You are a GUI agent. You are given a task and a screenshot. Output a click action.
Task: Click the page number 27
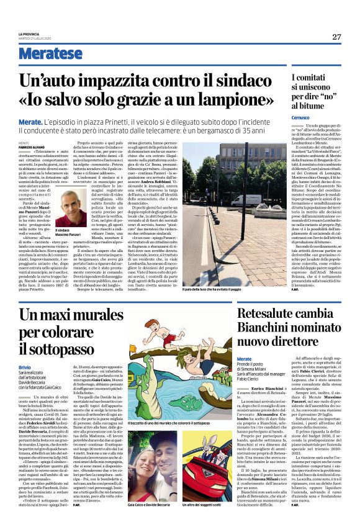tap(336, 37)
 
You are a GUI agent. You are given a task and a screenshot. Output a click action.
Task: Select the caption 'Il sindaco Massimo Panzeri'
tap(70, 232)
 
